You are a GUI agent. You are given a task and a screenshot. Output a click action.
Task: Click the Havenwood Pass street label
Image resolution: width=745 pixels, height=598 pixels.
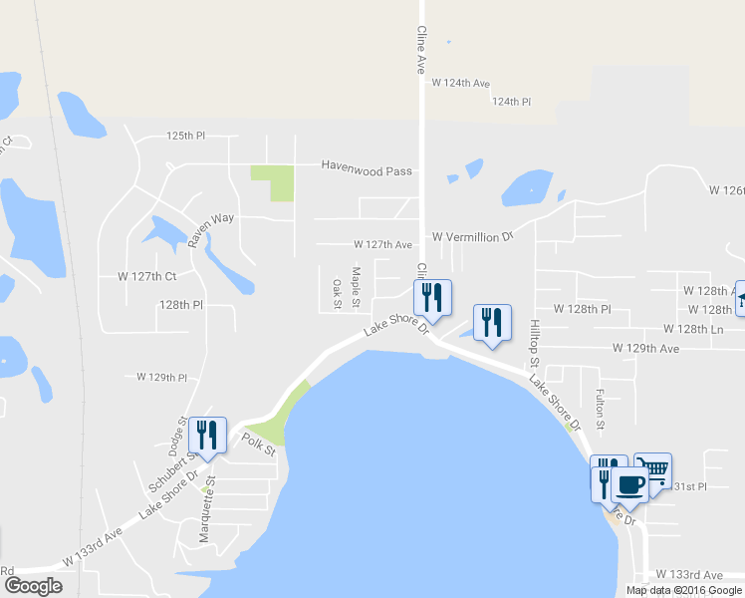366,170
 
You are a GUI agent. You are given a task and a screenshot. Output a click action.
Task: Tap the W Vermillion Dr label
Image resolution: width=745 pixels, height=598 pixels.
472,237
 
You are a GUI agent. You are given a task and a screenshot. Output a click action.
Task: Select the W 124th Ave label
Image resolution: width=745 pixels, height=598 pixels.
460,83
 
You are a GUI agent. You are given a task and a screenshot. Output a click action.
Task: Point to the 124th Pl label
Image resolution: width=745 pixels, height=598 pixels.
511,102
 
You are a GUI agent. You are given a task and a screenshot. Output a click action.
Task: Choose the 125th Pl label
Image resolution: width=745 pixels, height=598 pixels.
185,135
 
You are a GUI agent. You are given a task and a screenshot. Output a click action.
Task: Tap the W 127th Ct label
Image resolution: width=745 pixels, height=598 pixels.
146,276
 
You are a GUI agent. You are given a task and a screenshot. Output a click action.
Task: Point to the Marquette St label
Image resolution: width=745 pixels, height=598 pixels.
207,510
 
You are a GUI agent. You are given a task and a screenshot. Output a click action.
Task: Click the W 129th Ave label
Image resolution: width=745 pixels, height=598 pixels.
645,349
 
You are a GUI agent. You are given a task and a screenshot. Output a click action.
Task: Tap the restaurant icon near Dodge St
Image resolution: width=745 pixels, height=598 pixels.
207,436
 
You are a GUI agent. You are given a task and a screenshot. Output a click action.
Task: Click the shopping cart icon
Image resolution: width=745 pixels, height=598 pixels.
653,468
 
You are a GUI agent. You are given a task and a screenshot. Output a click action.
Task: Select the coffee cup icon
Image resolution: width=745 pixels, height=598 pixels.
629,484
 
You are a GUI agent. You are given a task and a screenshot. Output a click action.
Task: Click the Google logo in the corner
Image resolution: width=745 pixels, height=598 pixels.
33,586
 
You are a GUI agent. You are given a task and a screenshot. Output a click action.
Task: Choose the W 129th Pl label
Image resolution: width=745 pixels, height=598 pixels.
161,378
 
